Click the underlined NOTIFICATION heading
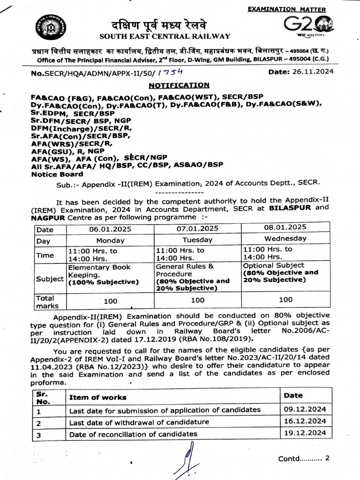click(179, 85)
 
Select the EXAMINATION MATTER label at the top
click(286, 9)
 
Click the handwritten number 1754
click(170, 73)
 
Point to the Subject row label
click(50, 278)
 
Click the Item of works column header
click(98, 397)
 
